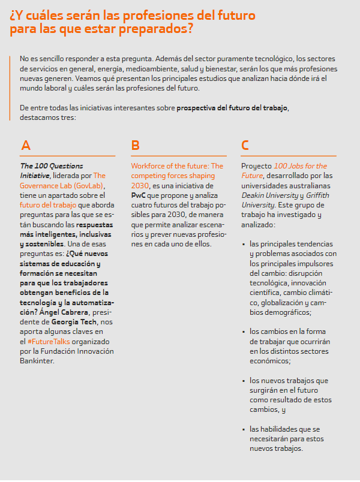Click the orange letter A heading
point(25,145)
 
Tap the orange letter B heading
point(135,145)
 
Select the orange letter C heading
point(245,145)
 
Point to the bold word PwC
point(138,195)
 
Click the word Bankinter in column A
point(38,361)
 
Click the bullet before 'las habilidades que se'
point(244,429)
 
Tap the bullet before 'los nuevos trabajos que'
point(244,381)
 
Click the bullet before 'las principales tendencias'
point(244,244)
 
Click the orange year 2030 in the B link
point(140,185)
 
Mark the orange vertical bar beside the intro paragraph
point(11,73)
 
